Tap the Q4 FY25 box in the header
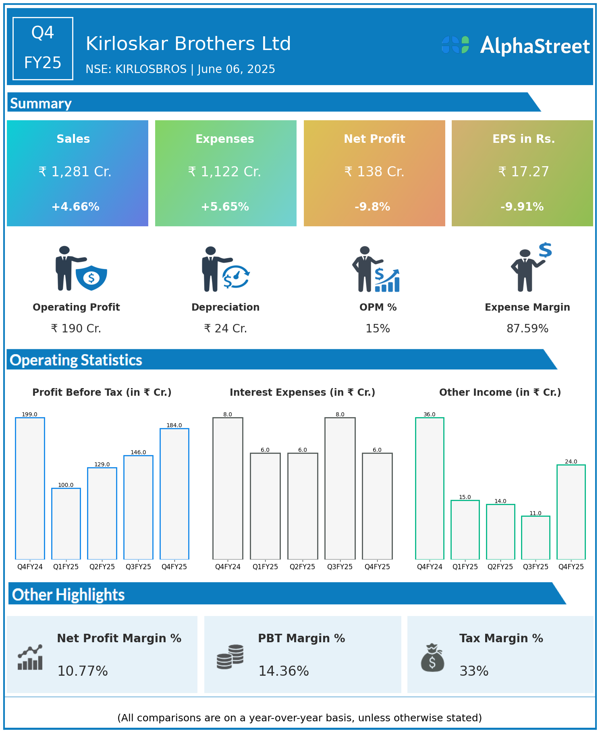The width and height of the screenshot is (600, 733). pos(43,48)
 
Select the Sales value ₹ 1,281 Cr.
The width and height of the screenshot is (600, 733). pos(75,172)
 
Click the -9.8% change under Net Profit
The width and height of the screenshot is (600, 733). pos(372,207)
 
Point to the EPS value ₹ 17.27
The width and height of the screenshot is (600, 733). pos(523,172)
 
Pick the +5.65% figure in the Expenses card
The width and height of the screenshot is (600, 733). pos(225,207)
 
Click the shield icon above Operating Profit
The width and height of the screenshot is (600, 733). pos(91,278)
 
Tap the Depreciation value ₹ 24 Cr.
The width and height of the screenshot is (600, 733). pos(225,329)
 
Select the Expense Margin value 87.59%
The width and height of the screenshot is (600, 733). pos(527,329)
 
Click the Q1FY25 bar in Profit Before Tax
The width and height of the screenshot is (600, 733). pos(66,524)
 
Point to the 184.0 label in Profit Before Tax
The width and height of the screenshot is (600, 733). pos(174,425)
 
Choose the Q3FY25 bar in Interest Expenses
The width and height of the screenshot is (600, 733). pos(340,488)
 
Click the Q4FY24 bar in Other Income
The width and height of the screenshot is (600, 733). pos(430,488)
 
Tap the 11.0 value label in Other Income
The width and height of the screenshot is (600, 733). pos(536,513)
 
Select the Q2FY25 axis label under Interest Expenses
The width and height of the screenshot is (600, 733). pos(303,567)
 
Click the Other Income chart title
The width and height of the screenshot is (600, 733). pos(500,393)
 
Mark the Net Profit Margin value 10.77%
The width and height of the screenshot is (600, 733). pos(83,671)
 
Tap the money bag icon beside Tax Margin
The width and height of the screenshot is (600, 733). pos(432,658)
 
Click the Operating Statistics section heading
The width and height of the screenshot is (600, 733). pos(76,360)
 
